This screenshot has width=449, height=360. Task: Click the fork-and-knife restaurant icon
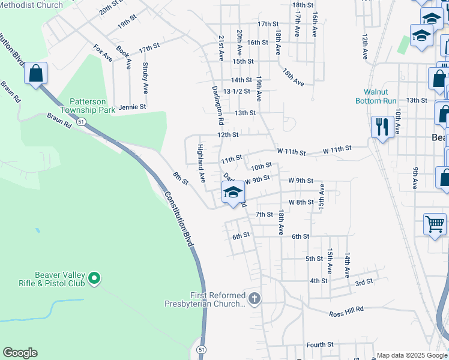(x=382, y=127)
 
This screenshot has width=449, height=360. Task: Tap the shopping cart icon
(x=435, y=224)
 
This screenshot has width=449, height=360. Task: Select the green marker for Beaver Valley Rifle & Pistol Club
(x=94, y=278)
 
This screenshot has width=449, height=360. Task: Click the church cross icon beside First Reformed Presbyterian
(x=255, y=298)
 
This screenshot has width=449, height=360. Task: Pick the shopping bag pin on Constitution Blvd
(x=36, y=74)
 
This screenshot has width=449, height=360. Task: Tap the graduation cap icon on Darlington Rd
(x=232, y=193)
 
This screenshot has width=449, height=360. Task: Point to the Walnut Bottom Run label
(x=380, y=96)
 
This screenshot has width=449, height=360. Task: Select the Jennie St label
(x=133, y=107)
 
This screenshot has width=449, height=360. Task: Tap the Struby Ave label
(x=145, y=78)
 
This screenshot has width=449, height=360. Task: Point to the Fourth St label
(x=319, y=344)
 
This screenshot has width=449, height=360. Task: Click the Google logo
(x=20, y=353)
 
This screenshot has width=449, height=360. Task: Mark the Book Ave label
(x=124, y=56)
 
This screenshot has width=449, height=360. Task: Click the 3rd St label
(x=363, y=281)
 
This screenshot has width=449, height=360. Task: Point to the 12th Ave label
(x=364, y=46)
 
